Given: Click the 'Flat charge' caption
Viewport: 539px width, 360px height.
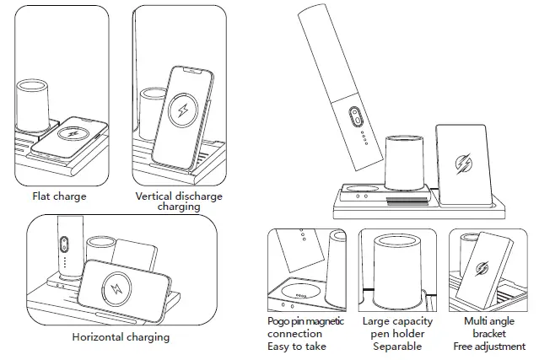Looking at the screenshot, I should pyautogui.click(x=59, y=196).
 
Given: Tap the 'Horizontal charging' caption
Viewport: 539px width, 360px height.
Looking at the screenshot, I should pyautogui.click(x=121, y=336).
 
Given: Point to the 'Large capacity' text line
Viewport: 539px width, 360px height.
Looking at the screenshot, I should pyautogui.click(x=397, y=322).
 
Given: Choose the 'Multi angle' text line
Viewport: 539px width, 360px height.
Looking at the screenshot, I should pyautogui.click(x=488, y=322).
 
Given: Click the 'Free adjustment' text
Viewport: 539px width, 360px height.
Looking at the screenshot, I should pyautogui.click(x=488, y=346).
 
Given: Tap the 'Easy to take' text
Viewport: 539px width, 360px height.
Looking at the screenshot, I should pyautogui.click(x=296, y=346).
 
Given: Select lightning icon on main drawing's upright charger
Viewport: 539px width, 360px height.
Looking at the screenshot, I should pyautogui.click(x=463, y=162).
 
